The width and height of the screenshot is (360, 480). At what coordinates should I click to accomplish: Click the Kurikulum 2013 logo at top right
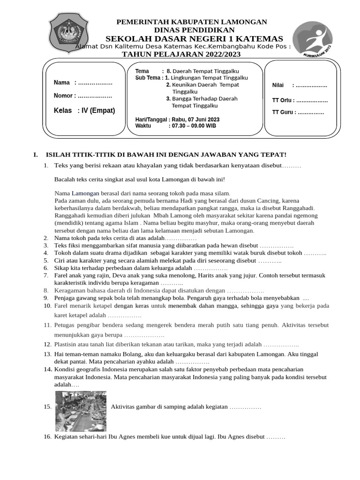click(312, 40)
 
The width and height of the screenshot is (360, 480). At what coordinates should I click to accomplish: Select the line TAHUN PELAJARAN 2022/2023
click(181, 54)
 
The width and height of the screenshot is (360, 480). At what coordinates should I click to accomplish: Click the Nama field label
click(61, 83)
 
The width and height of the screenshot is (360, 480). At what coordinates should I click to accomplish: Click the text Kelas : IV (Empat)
click(84, 111)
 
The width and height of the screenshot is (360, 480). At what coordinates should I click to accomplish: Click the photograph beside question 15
click(81, 411)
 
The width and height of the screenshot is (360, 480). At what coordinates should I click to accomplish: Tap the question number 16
click(47, 437)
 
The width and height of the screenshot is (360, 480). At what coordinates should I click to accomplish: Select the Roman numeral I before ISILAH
click(34, 155)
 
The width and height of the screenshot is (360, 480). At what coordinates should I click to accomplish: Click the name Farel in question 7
click(62, 276)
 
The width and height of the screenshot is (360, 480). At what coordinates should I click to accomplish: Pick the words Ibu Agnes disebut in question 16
click(240, 437)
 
